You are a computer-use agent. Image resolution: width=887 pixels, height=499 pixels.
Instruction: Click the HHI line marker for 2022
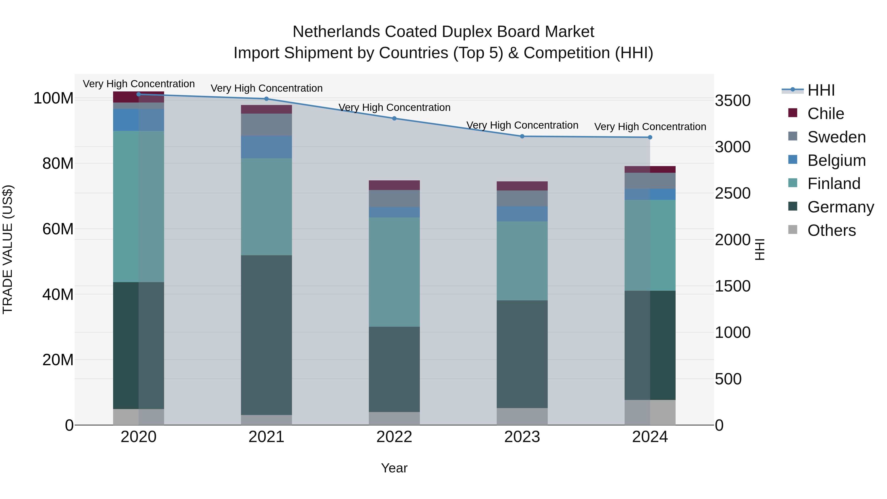tap(394, 119)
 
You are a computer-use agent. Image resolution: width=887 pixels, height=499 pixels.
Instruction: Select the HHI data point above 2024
tap(650, 138)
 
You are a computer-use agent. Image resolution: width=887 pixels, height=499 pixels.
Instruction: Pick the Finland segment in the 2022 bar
tap(394, 272)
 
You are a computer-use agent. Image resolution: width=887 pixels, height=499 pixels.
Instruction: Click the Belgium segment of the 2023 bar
tap(522, 214)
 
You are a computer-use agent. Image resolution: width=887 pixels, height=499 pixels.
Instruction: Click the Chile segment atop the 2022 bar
tap(394, 185)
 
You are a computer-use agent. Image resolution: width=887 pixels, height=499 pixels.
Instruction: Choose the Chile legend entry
tap(825, 114)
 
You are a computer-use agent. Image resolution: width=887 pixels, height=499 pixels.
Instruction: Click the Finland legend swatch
tap(793, 183)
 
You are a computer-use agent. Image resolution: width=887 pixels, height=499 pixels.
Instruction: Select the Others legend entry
tap(831, 230)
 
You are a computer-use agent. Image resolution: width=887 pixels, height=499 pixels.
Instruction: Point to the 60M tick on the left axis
tap(58, 229)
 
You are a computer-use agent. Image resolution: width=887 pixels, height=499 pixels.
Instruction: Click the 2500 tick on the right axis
tap(733, 193)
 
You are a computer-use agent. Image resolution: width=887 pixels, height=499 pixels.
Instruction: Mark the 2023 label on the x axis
tap(522, 437)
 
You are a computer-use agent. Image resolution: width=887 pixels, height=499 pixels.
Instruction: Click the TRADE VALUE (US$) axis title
tap(8, 249)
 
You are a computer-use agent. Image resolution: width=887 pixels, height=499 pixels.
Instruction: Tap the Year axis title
tap(394, 468)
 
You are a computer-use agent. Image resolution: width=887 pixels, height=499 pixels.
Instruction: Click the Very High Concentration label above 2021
tap(267, 88)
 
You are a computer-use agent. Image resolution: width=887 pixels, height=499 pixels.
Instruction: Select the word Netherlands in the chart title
tap(336, 32)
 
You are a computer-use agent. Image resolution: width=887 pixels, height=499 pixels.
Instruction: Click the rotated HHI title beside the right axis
tap(760, 249)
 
